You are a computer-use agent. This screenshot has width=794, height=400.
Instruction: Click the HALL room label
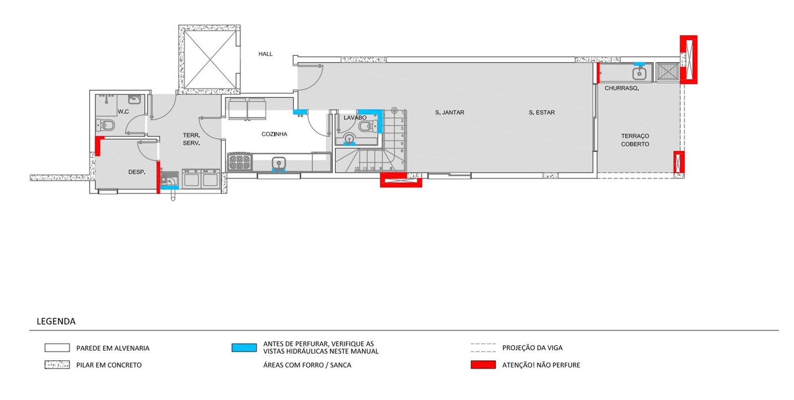(265, 54)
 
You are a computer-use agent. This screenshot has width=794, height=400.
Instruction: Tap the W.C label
(124, 112)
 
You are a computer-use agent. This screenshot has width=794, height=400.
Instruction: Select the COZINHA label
(274, 134)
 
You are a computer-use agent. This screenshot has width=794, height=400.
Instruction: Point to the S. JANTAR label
(450, 113)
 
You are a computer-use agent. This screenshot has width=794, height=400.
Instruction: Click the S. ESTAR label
(541, 113)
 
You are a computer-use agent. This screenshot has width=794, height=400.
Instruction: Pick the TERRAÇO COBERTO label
(635, 140)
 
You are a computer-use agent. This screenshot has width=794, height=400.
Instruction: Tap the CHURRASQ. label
(622, 88)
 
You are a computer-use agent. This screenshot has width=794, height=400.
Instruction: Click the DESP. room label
(137, 172)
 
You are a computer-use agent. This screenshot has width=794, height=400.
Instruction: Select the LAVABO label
(355, 118)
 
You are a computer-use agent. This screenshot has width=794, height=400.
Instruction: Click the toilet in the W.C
(105, 125)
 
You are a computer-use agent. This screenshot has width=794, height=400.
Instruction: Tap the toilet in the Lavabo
(368, 126)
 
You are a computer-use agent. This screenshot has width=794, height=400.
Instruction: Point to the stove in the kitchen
(240, 162)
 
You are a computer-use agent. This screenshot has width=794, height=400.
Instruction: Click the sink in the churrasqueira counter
(640, 73)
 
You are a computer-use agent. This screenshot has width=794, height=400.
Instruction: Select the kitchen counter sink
(279, 163)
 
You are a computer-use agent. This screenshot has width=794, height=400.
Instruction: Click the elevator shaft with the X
(210, 59)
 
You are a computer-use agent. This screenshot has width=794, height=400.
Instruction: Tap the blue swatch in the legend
(244, 347)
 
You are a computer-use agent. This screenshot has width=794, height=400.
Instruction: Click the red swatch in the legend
(483, 365)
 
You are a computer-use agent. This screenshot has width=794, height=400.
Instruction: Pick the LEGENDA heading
(56, 321)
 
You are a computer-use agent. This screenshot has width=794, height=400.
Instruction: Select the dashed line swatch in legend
(483, 347)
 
